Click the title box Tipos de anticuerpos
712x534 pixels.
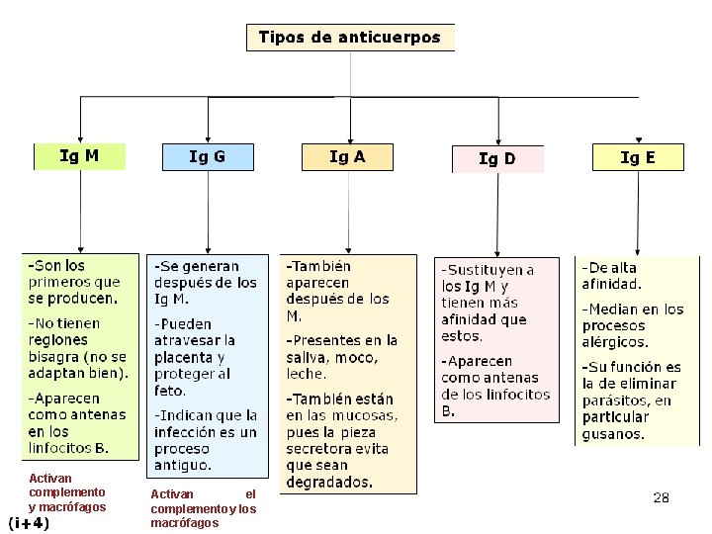click(350, 38)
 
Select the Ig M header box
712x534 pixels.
click(80, 156)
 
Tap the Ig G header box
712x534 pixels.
click(207, 156)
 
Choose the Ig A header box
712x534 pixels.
click(347, 156)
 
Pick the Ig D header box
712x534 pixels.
click(496, 158)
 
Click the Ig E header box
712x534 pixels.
click(637, 156)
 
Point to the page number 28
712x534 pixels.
click(662, 497)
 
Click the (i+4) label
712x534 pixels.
click(29, 523)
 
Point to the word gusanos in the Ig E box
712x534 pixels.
click(613, 434)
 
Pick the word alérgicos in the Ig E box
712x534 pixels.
click(615, 343)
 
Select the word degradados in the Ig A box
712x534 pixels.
click(329, 483)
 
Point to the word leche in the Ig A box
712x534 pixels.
click(306, 374)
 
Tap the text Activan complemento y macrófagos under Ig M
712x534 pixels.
click(67, 492)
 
